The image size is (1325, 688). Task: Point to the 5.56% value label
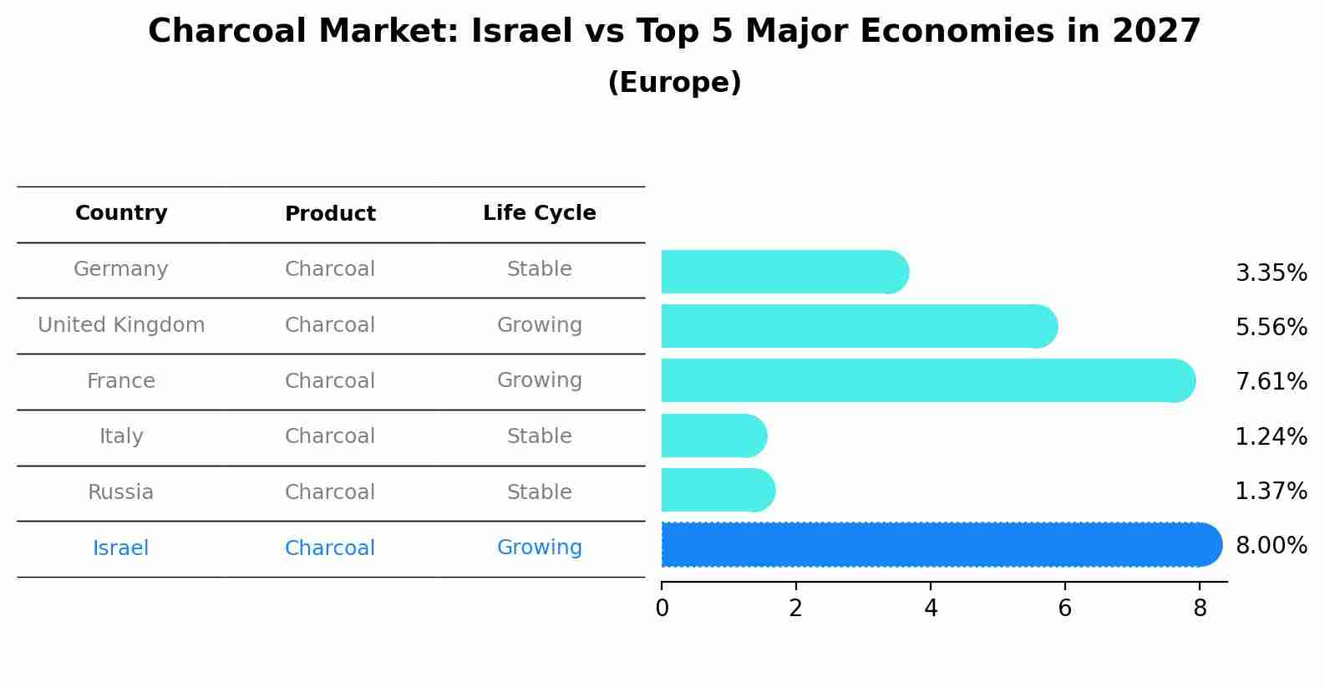pos(1271,327)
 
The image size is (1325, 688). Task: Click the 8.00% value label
pos(1271,545)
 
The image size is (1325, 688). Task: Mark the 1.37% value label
pos(1271,491)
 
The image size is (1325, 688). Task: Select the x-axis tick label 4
pos(931,609)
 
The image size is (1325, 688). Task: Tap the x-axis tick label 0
pos(662,609)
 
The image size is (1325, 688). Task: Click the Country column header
pos(121,213)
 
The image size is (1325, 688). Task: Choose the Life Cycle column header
pos(539,213)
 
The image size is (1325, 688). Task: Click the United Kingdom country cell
pos(121,325)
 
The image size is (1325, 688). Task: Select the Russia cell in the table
pos(121,492)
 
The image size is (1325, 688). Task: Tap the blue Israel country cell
pos(121,548)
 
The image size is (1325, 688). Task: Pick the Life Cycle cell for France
pos(539,380)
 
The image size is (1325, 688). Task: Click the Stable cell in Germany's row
pos(539,269)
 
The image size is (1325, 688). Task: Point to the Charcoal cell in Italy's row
pos(330,436)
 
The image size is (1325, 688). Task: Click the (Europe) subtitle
pos(674,83)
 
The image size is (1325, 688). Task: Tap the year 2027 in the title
pos(1156,32)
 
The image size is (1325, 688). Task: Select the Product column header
pos(330,214)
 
